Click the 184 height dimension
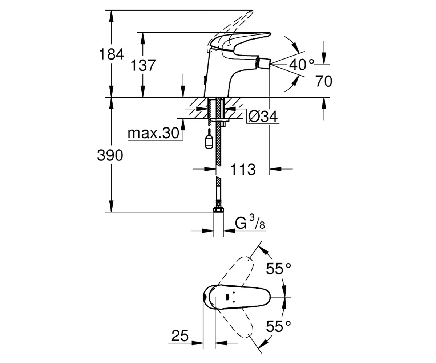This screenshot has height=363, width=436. tap(112, 54)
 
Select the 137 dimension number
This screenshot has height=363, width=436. tap(143, 65)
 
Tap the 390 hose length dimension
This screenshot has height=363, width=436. tap(110, 155)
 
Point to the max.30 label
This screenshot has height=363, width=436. tap(153, 133)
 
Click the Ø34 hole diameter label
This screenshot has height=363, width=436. tap(263, 117)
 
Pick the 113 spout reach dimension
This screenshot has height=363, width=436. tap(243, 169)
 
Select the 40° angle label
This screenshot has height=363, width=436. tap(302, 65)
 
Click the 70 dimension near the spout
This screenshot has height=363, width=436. tap(324, 81)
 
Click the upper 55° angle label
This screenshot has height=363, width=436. tap(278, 269)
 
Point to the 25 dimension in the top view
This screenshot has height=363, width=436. tap(180, 336)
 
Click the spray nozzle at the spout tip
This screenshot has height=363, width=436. tap(264, 63)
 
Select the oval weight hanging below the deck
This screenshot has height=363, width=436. tap(209, 142)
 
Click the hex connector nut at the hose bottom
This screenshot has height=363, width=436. tap(218, 209)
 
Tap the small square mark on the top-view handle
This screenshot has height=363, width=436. tap(227, 297)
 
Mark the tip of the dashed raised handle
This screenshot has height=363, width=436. tap(253, 11)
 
